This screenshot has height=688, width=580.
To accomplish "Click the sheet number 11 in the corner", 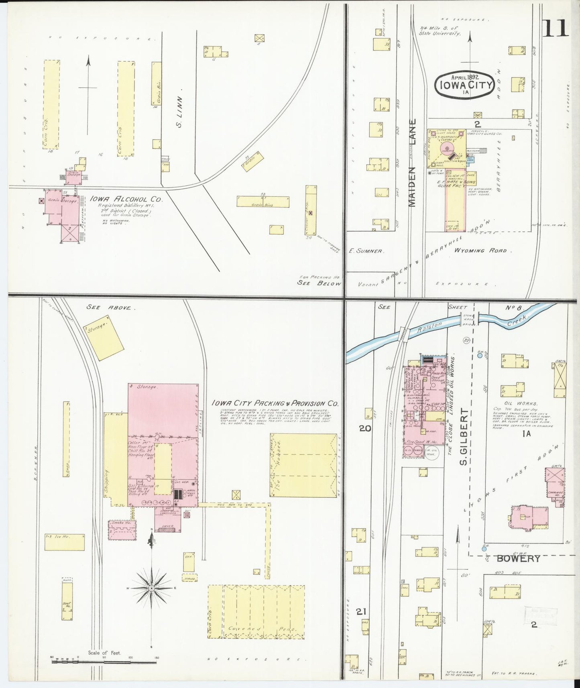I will pos(556,27).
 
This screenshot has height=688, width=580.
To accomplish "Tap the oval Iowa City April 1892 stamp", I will pos(465,84).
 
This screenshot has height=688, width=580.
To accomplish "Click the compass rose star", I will pos(152,588).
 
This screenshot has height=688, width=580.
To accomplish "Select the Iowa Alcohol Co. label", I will pos(126,199).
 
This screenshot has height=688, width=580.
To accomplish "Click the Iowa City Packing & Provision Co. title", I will pos(275,404).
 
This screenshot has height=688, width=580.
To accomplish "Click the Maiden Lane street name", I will pos(413,163).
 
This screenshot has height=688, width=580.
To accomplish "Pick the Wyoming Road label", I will pos(480,250).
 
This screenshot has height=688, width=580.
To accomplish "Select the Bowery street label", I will pos(518,558).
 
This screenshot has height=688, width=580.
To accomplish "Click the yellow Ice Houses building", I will pos(303,465).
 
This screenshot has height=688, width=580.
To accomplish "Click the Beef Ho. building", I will pos(67,601).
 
